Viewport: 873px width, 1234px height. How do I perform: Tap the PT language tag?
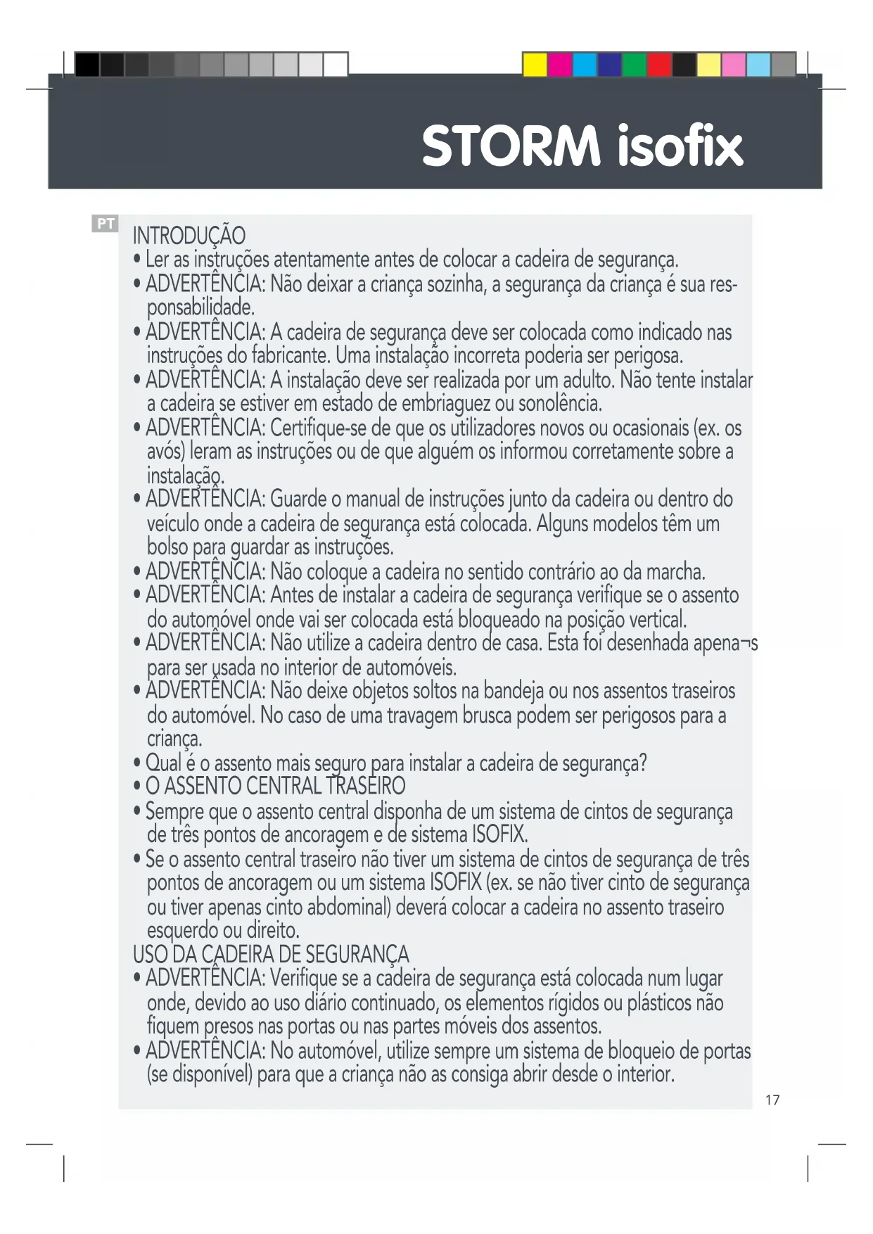(x=106, y=224)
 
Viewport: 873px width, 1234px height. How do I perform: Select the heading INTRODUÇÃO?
(x=189, y=236)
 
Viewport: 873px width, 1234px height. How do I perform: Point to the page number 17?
(x=772, y=1100)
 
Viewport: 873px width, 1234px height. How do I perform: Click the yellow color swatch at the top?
(x=535, y=65)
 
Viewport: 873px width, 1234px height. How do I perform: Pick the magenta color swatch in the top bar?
(x=560, y=65)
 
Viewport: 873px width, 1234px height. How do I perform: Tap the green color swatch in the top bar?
(x=634, y=65)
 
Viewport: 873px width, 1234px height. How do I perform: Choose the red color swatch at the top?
(x=658, y=65)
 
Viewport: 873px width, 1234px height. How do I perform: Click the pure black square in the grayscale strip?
(x=87, y=65)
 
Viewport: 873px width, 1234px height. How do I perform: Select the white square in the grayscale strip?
(x=335, y=65)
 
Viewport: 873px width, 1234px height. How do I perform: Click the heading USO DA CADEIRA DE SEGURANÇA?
(x=271, y=955)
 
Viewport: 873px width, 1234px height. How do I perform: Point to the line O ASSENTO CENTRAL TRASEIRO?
(x=275, y=786)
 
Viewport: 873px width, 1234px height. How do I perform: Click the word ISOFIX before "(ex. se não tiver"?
(x=455, y=882)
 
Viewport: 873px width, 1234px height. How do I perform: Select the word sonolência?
(x=560, y=404)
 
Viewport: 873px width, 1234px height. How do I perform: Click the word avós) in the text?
(x=166, y=451)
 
